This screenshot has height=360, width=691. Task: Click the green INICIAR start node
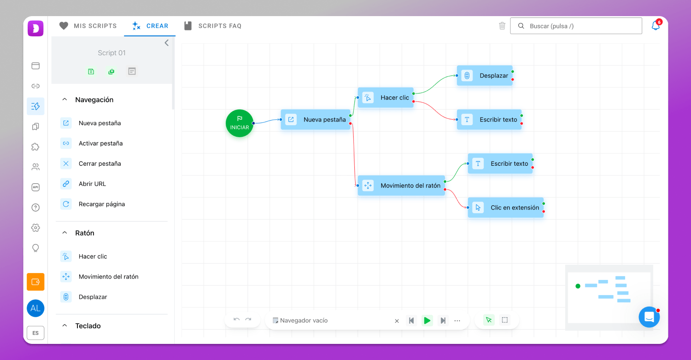point(240,123)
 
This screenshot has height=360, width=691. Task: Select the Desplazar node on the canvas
point(485,75)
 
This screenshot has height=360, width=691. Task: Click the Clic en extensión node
point(506,208)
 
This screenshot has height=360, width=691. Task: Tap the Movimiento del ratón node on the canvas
point(401,186)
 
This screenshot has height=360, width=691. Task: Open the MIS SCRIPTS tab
point(88,26)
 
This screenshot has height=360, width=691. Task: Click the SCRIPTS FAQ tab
point(213,26)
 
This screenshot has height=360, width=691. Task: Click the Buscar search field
point(576,26)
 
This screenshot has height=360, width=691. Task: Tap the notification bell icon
point(656,26)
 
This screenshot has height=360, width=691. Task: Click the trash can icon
point(502,26)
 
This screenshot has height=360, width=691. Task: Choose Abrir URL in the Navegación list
point(92,184)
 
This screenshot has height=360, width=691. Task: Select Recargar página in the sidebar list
point(101,204)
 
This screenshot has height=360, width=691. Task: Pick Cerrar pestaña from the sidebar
point(100,163)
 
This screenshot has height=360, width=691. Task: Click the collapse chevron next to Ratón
point(64,232)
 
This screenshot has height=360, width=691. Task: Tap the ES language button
point(35,333)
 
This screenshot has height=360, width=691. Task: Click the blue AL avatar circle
point(35,308)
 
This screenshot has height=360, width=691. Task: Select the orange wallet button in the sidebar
point(35,282)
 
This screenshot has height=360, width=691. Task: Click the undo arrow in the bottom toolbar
point(237,319)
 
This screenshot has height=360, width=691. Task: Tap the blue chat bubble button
point(649,317)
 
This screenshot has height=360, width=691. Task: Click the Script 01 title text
point(111,52)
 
